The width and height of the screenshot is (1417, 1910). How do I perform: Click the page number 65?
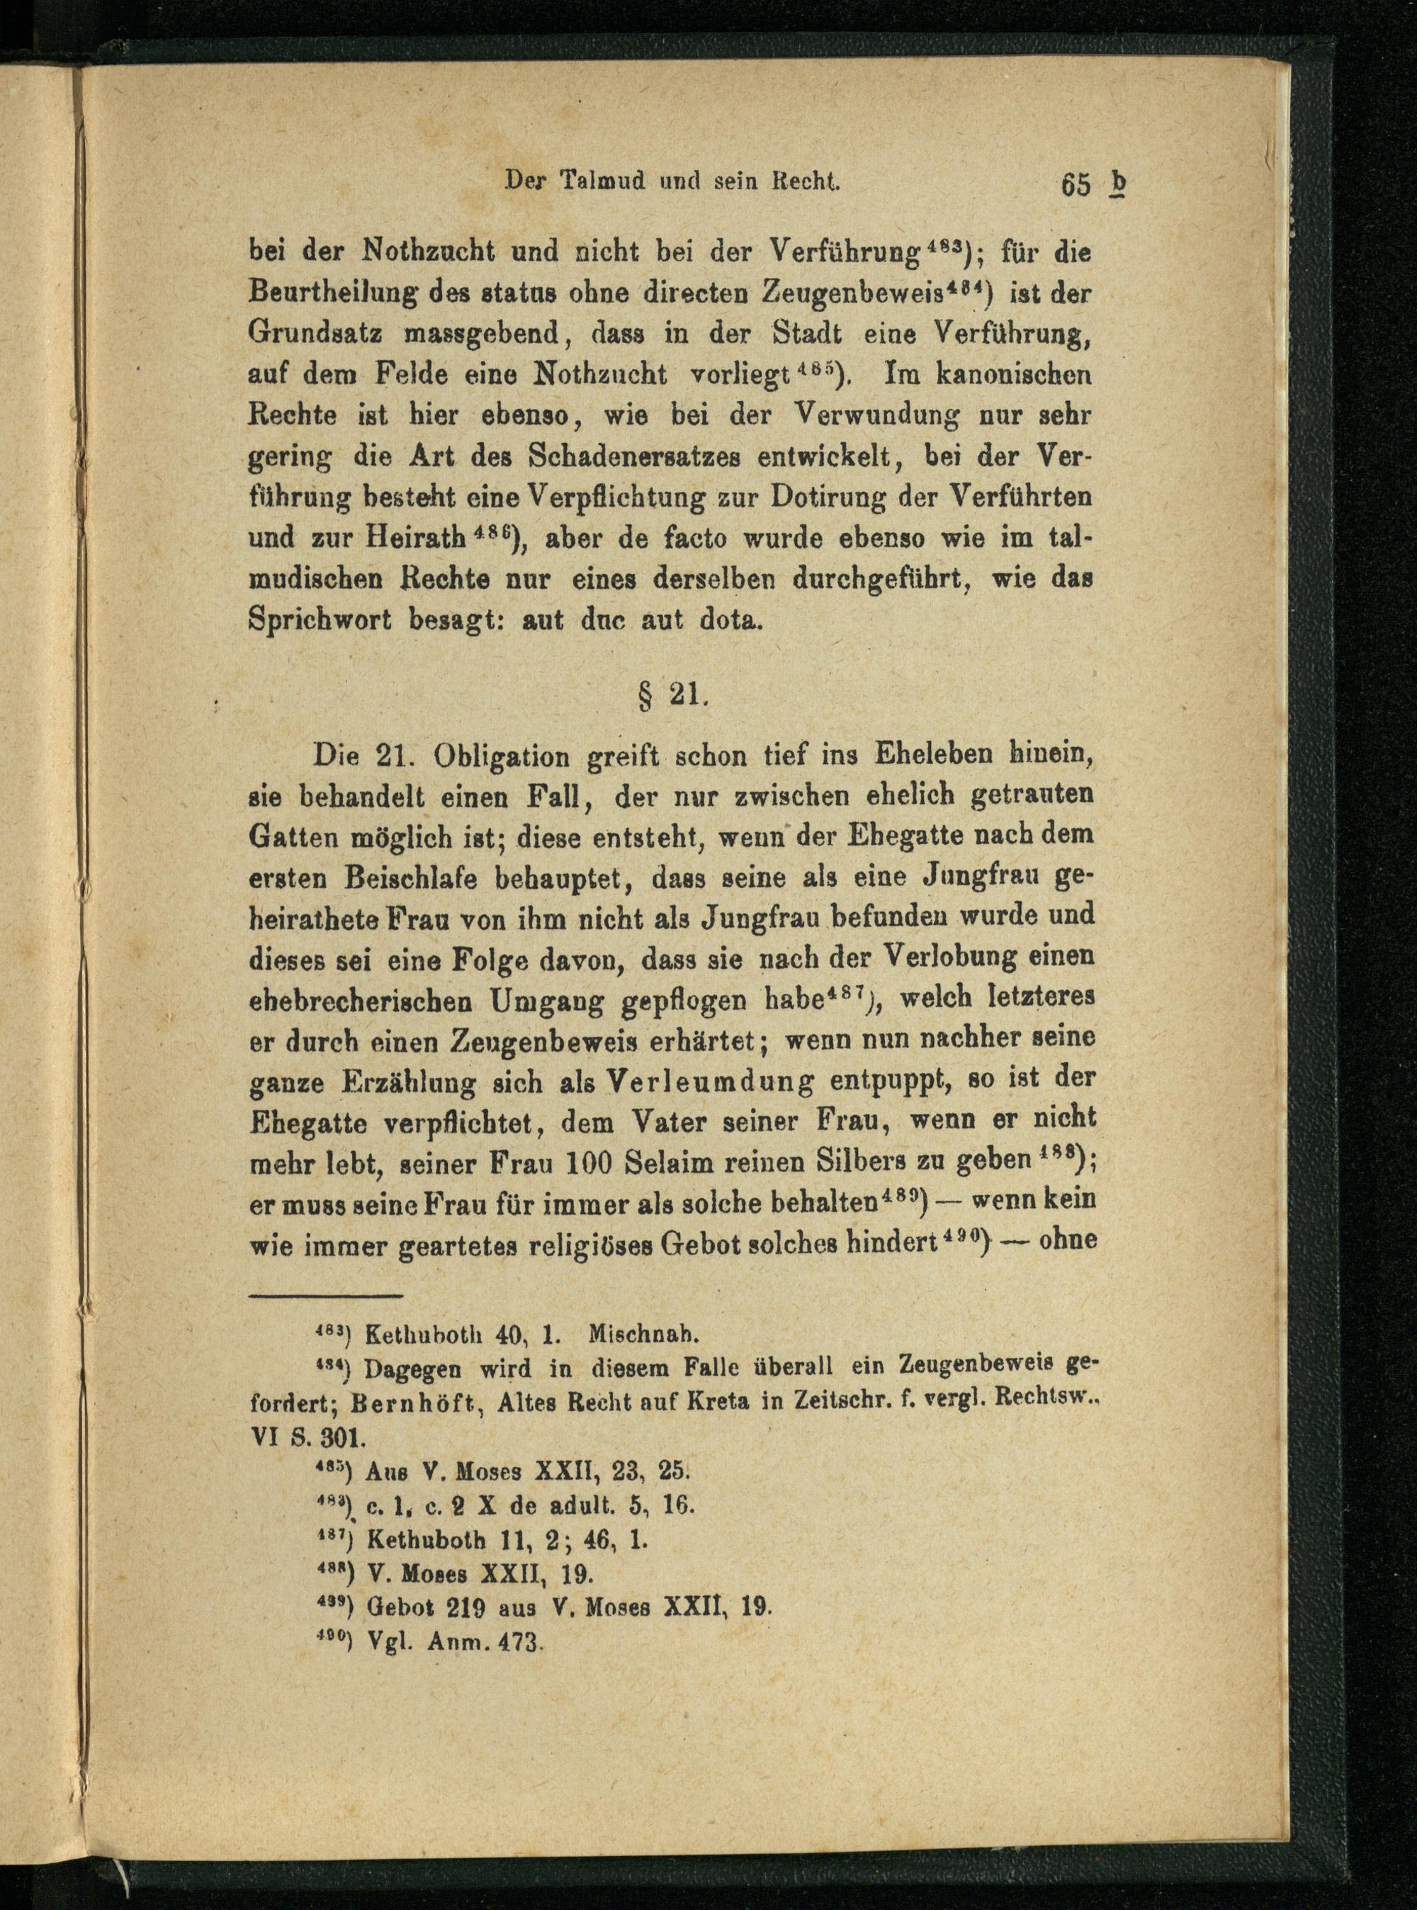[x=1075, y=184]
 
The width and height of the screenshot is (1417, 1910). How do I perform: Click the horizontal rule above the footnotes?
[x=326, y=1295]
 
